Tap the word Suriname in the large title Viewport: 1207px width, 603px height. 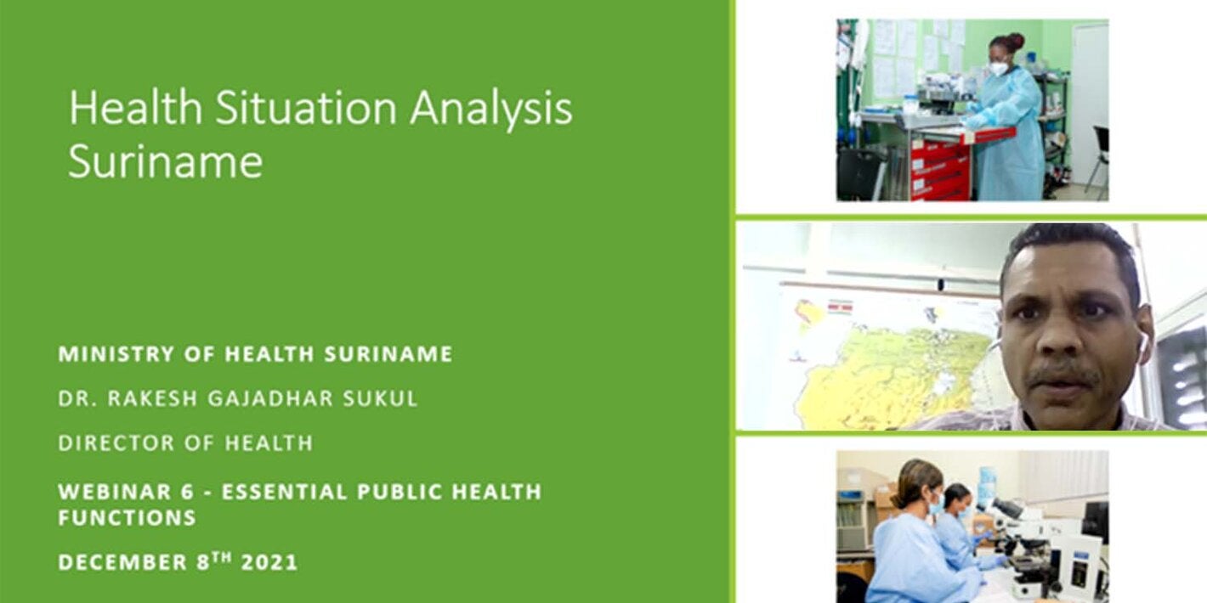[x=165, y=161]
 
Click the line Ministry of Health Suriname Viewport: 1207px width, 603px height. [x=255, y=354]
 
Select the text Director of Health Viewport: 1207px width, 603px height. [x=185, y=442]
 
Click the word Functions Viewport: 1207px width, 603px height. [x=127, y=517]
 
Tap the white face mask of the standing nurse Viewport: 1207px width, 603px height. [x=999, y=68]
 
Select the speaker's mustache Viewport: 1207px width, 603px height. [x=1062, y=374]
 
